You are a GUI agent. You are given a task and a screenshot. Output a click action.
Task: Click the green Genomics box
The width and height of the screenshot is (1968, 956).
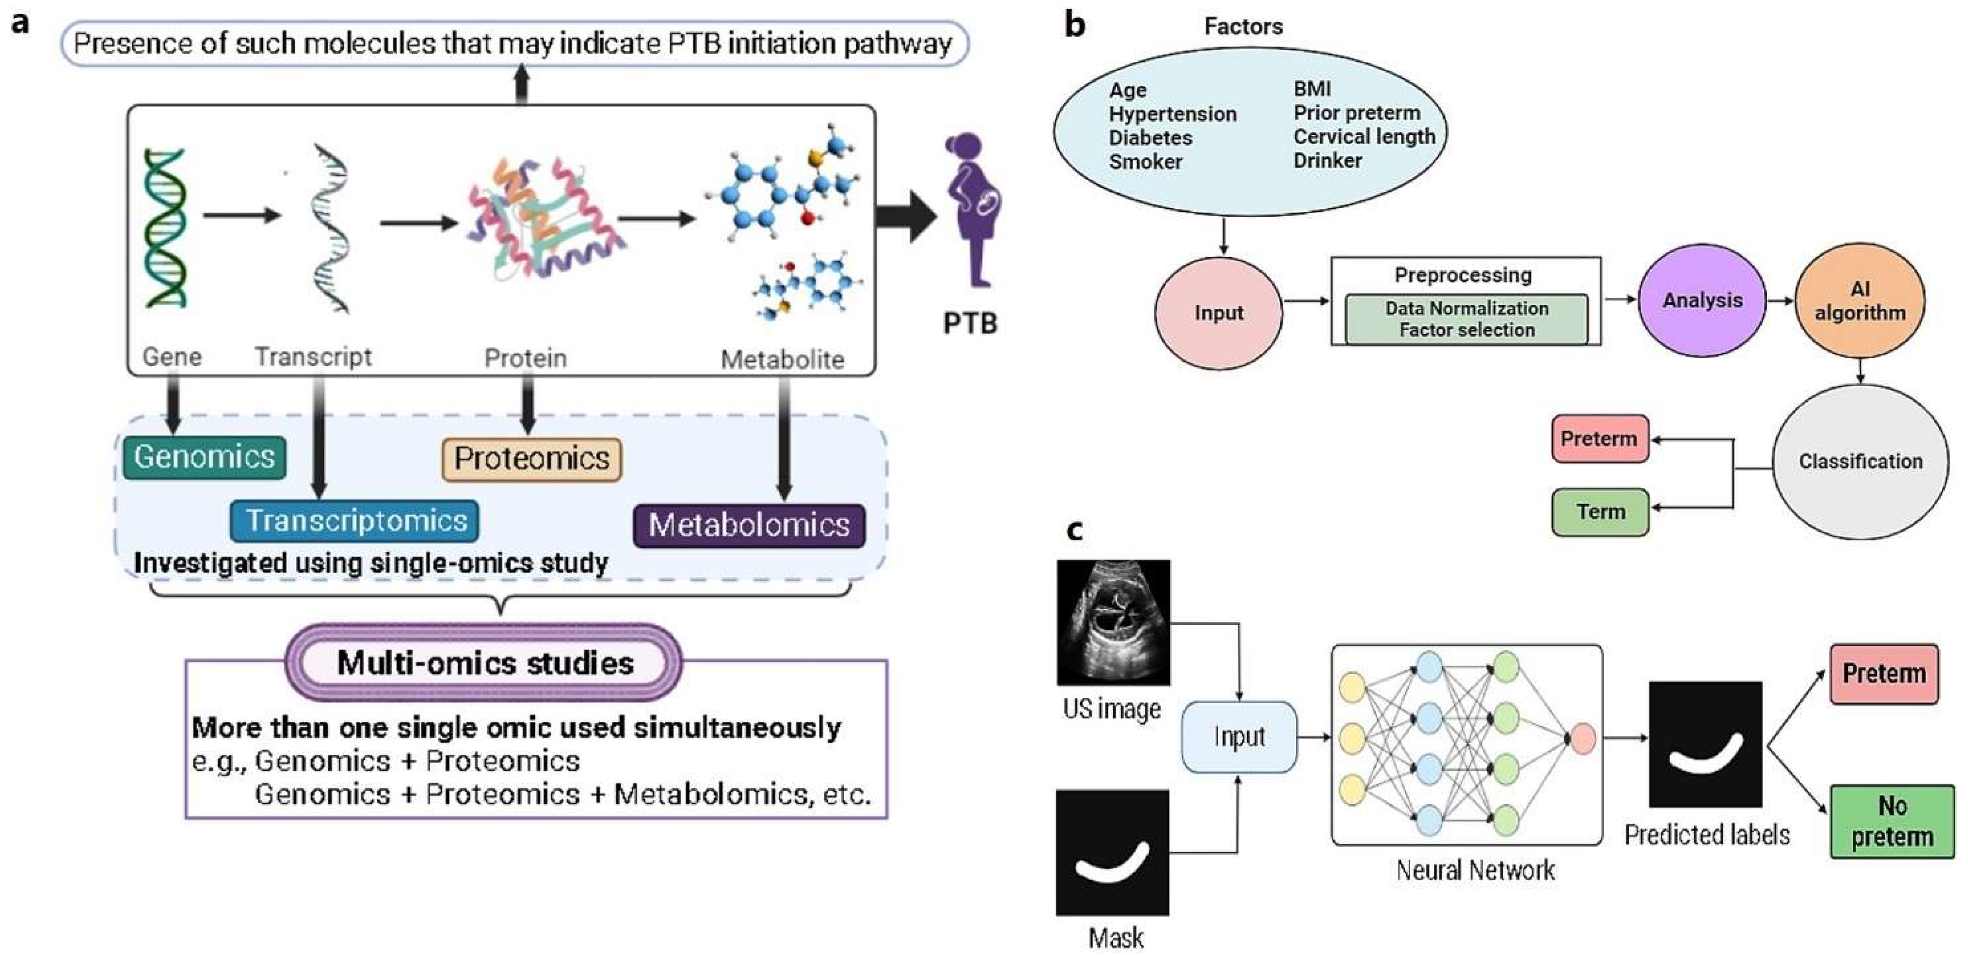(x=204, y=457)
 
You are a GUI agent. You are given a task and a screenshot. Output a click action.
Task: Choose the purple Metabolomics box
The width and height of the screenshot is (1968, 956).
(x=749, y=525)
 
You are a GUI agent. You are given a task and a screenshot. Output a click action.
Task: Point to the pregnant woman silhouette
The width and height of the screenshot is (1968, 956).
(x=972, y=210)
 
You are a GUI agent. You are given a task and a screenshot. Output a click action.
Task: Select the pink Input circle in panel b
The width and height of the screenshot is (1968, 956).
(x=1218, y=313)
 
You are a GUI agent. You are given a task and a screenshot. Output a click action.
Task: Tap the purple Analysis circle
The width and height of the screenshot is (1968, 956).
(x=1702, y=300)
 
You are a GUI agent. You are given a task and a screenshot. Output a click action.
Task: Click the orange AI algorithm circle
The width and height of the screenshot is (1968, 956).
(x=1859, y=300)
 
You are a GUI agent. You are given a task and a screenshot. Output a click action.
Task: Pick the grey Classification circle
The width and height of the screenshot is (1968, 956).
(x=1859, y=462)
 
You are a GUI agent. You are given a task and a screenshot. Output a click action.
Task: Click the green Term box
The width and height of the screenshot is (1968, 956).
(x=1600, y=511)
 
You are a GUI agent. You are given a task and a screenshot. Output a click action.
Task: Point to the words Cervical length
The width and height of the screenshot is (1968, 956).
(x=1364, y=137)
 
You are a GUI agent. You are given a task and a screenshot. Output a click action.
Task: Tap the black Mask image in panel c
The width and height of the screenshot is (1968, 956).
(x=1112, y=852)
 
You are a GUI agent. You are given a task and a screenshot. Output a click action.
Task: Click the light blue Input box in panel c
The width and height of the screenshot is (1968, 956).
(x=1238, y=737)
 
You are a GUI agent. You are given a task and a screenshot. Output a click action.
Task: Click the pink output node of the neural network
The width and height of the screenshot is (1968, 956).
(x=1582, y=738)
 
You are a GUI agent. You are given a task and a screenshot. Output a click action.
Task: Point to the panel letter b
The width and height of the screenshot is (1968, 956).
(x=1075, y=25)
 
